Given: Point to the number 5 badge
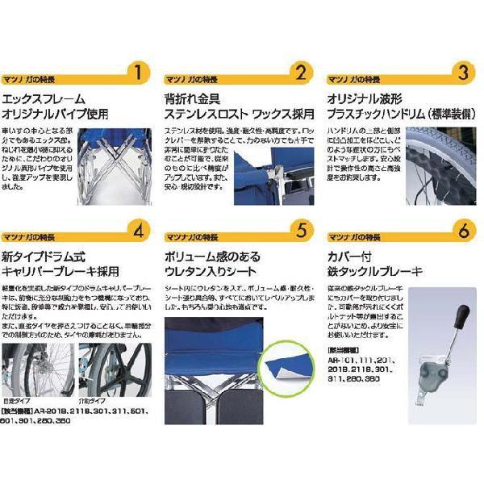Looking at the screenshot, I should pos(299,232).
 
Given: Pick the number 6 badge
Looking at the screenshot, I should pos(462,232).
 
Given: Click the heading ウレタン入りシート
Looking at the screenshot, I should pos(213,271).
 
